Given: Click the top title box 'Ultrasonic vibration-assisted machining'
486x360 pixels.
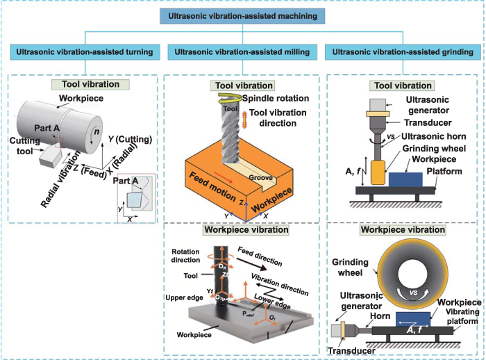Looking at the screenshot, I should point(242,15).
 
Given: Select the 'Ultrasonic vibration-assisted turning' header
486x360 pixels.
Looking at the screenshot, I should point(85,52).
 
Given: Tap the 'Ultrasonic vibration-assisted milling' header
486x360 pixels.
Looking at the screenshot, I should point(242,52).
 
